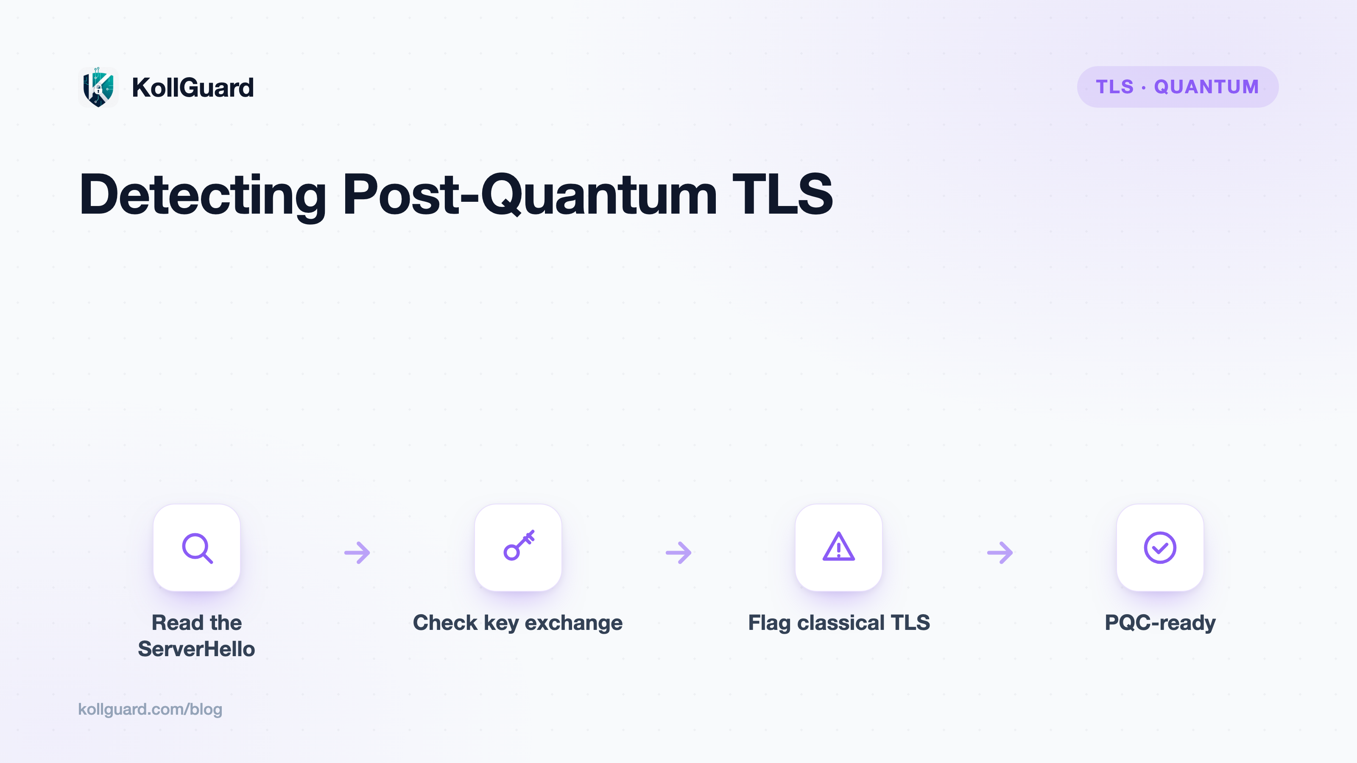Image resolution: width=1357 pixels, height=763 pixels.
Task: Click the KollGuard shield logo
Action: (x=98, y=87)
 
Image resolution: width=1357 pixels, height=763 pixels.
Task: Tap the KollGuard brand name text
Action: (x=193, y=87)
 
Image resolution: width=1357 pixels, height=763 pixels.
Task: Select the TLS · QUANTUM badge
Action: (x=1177, y=87)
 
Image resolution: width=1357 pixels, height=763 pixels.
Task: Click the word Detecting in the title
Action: (x=203, y=195)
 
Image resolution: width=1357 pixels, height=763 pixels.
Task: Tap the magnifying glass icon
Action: (x=197, y=548)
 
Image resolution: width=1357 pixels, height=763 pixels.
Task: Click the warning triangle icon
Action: (x=839, y=546)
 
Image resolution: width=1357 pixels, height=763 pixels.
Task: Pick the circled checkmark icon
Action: (x=1160, y=548)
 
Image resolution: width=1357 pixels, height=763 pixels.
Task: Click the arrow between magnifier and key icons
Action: (x=357, y=552)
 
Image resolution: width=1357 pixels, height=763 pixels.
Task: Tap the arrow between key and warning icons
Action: (x=678, y=552)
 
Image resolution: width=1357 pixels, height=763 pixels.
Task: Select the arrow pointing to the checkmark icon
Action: (x=1000, y=552)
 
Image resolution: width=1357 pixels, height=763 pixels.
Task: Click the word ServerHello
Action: (x=196, y=649)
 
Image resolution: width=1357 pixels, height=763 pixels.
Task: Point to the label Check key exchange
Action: (x=518, y=623)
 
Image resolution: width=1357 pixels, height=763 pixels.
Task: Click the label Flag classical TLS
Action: (x=839, y=623)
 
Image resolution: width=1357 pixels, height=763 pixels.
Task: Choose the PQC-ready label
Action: (x=1160, y=623)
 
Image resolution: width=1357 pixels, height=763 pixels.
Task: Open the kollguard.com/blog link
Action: (x=150, y=709)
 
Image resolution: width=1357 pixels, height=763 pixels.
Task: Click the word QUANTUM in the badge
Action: (x=1206, y=87)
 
